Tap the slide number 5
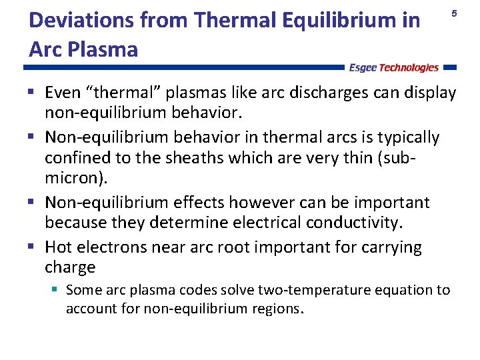pyautogui.click(x=455, y=13)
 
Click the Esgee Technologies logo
pyautogui.click(x=394, y=67)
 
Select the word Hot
pyautogui.click(x=59, y=247)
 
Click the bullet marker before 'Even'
pyautogui.click(x=33, y=91)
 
